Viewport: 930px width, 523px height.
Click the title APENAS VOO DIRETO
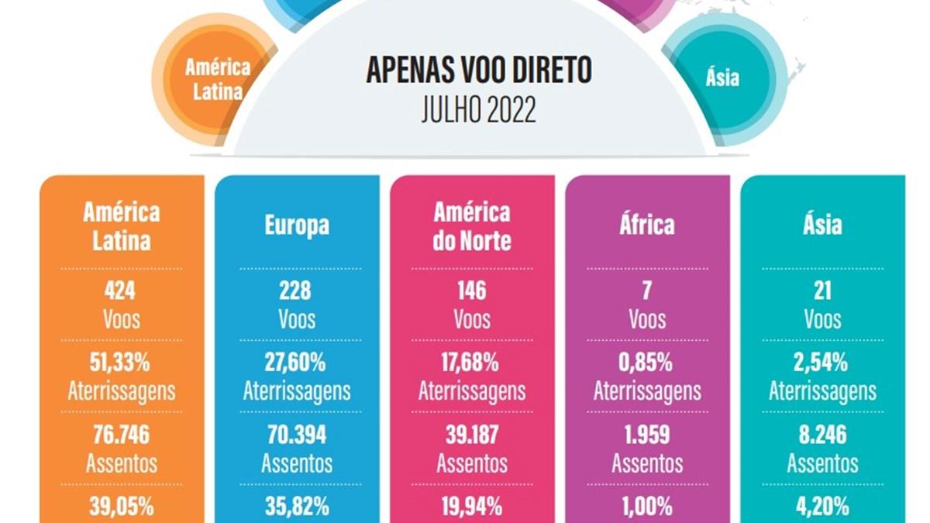(479, 71)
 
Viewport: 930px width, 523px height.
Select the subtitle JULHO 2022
(479, 110)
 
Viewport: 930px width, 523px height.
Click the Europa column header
(297, 225)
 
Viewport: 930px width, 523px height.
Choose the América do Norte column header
(472, 226)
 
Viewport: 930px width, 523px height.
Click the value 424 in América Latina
(120, 291)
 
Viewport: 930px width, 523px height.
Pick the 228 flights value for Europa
(295, 291)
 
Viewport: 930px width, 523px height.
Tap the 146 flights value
(472, 291)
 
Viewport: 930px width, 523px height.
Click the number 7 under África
(647, 291)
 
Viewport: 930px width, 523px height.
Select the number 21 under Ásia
(823, 291)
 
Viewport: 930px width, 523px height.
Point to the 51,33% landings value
(120, 363)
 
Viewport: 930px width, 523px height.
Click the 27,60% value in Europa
(295, 363)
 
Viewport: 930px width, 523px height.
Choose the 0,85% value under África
(646, 363)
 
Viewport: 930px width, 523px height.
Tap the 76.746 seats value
(121, 435)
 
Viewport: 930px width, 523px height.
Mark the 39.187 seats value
(472, 435)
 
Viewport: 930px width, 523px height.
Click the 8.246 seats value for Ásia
(822, 435)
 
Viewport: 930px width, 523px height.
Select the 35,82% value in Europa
(298, 507)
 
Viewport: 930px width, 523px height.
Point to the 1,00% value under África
(647, 507)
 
